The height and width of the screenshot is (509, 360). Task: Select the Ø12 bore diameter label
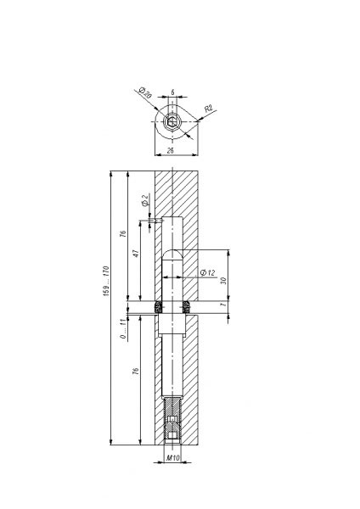(x=204, y=272)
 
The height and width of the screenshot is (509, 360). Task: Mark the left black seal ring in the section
(x=159, y=305)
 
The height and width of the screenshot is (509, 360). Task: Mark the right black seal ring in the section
(x=187, y=305)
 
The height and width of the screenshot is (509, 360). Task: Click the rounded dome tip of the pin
(x=172, y=254)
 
